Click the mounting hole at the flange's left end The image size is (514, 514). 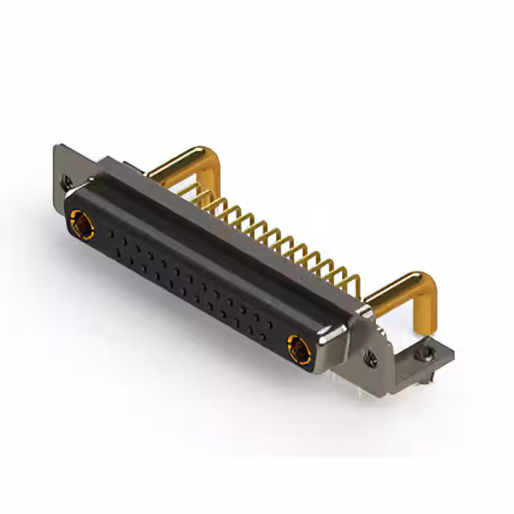[x=67, y=183]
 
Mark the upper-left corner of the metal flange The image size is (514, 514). [x=56, y=147]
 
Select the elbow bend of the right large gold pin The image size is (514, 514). [x=423, y=284]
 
